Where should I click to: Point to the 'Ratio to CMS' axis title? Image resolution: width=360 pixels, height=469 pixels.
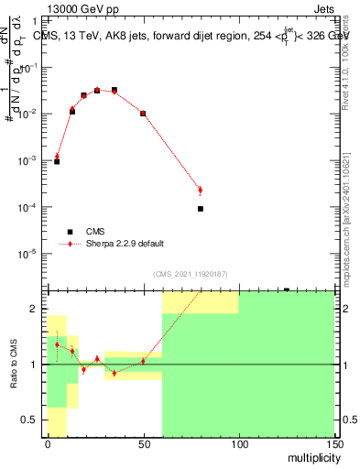(x=13, y=363)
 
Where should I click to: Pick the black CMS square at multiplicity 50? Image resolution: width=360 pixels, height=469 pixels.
(x=143, y=114)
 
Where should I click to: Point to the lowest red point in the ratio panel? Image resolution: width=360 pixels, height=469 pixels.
(x=114, y=373)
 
